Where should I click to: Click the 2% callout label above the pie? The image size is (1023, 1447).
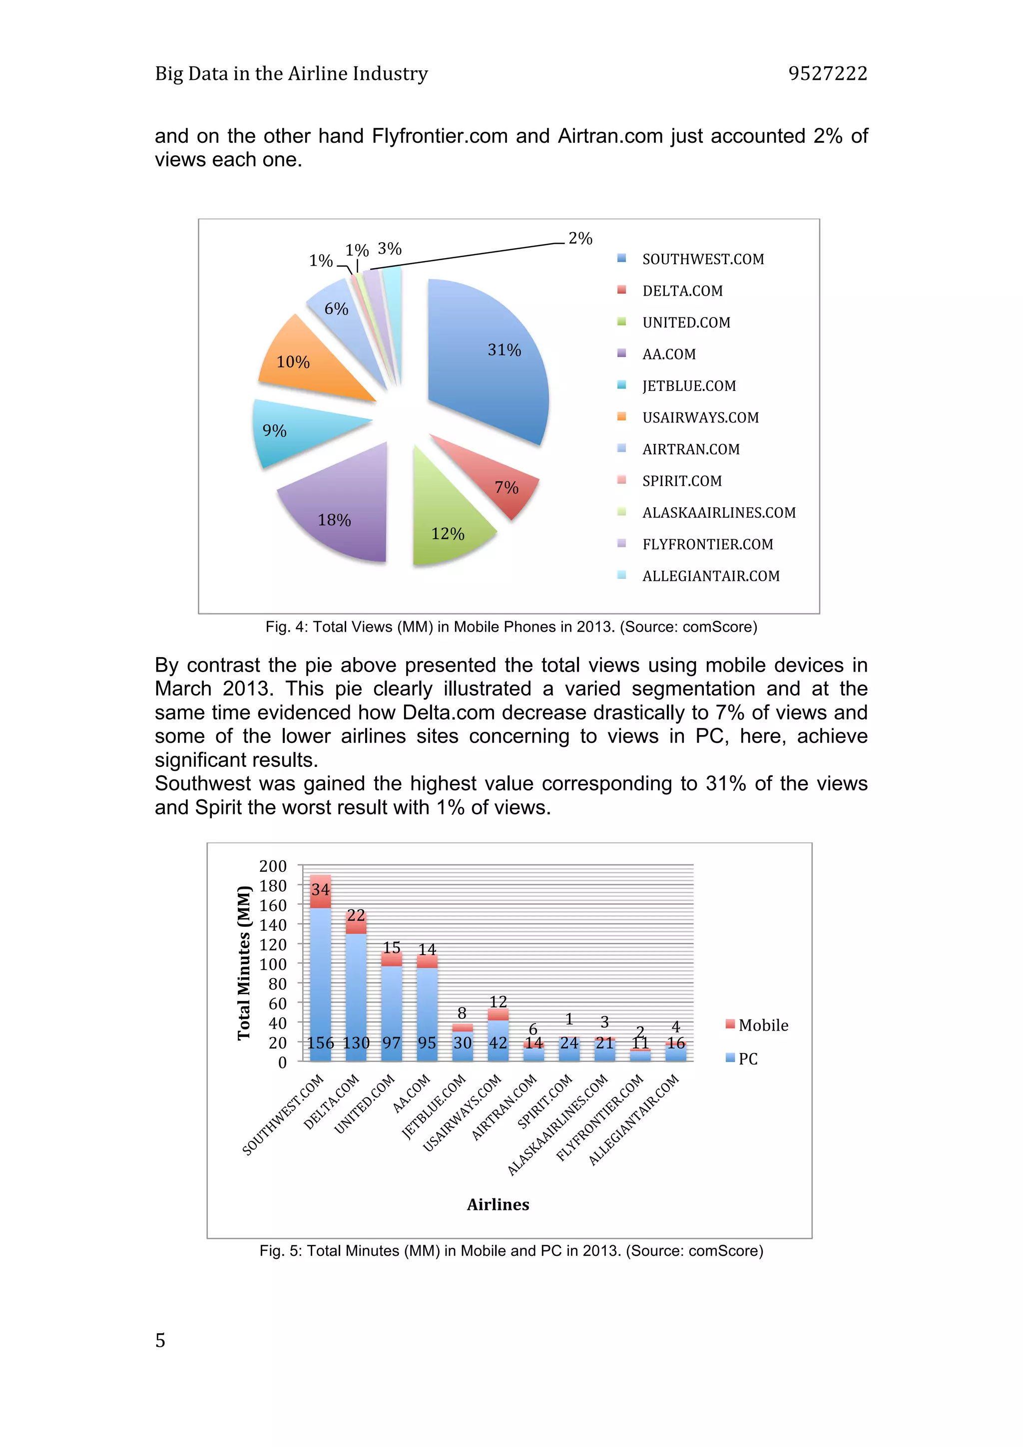(x=580, y=238)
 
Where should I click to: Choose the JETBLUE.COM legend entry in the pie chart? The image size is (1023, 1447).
(x=688, y=385)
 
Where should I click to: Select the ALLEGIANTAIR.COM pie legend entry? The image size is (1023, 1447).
(x=710, y=576)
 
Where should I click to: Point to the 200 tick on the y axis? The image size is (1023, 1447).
(x=273, y=866)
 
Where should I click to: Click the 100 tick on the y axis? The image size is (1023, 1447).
(x=273, y=964)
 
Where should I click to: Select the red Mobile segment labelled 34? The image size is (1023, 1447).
(x=320, y=890)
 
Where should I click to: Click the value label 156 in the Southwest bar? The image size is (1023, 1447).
(x=320, y=1043)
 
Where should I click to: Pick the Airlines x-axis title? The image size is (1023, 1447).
(x=498, y=1204)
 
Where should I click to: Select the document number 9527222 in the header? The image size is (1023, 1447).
(x=828, y=74)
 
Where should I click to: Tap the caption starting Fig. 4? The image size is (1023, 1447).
(x=511, y=627)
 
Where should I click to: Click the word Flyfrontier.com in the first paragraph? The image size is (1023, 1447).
(x=440, y=136)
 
